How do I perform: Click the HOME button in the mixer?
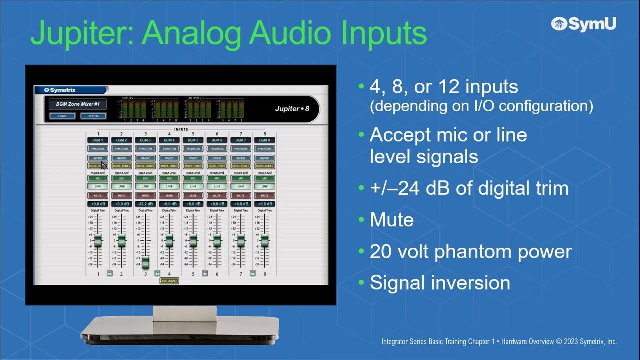tap(62, 116)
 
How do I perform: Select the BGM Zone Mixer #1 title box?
tap(78, 104)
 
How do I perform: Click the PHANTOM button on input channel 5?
tap(193, 149)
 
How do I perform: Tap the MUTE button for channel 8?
tap(264, 196)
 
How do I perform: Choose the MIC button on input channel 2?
tap(122, 178)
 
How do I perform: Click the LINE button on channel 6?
tap(217, 186)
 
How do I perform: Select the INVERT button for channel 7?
tap(241, 158)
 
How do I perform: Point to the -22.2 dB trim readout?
tap(145, 204)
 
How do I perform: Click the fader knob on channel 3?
tap(145, 262)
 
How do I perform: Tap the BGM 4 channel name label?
tap(169, 140)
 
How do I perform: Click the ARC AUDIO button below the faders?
tap(169, 281)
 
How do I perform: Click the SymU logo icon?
tap(559, 23)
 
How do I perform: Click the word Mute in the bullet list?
tap(391, 220)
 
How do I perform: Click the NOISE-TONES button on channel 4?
tap(169, 166)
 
